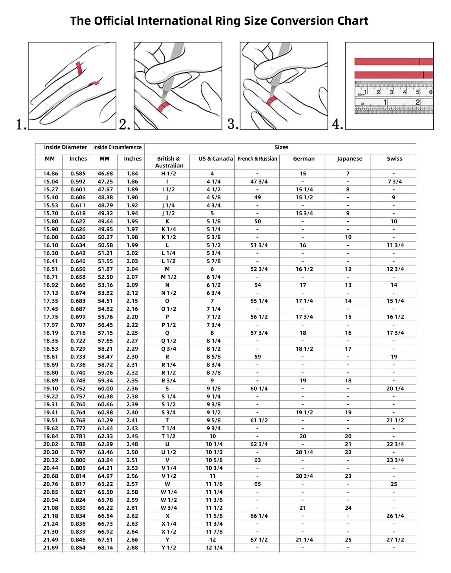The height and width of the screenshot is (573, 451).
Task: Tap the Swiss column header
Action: (x=394, y=159)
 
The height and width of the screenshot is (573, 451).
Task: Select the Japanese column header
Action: (x=349, y=159)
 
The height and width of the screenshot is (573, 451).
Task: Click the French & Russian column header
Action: (x=257, y=159)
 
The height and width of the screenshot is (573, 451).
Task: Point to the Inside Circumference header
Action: (x=117, y=147)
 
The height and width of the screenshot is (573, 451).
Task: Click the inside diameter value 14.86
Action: (x=50, y=174)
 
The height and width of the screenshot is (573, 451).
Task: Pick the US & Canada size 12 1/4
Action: (x=214, y=548)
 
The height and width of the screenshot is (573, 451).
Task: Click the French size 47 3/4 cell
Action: (x=259, y=182)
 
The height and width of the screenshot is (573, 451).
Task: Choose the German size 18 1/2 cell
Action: (x=304, y=349)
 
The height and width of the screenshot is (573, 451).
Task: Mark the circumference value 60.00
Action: (x=105, y=389)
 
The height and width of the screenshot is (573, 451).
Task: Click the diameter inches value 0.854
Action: (x=78, y=548)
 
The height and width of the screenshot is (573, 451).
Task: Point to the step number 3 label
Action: (x=233, y=124)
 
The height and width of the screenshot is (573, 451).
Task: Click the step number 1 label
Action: (x=21, y=124)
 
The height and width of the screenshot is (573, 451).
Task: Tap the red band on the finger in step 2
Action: (x=164, y=107)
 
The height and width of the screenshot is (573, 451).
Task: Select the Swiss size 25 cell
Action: (x=393, y=484)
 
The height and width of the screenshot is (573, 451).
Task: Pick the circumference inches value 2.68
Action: (x=132, y=548)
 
